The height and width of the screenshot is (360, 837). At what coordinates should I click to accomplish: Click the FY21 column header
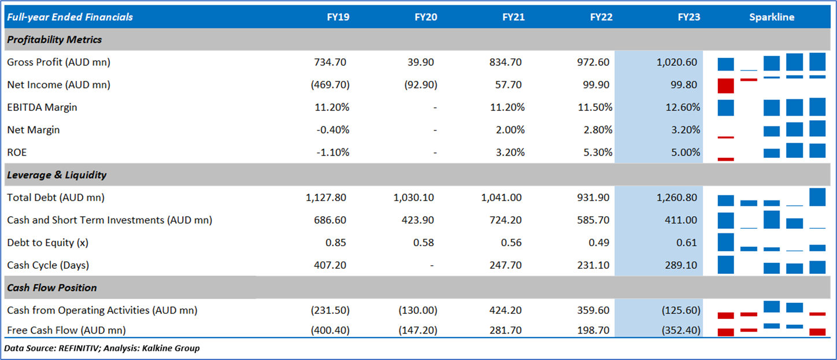(513, 17)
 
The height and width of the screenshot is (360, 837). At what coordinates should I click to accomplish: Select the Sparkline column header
(772, 17)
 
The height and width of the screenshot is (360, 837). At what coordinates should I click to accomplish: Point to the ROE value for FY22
(597, 153)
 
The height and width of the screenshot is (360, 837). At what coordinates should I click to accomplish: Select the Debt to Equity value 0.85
(336, 243)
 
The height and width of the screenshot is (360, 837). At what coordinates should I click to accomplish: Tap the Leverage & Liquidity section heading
(57, 175)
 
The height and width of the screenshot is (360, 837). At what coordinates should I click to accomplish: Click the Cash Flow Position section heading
(52, 288)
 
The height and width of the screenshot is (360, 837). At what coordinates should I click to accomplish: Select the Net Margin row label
(34, 130)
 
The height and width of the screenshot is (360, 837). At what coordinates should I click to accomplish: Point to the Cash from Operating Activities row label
(102, 310)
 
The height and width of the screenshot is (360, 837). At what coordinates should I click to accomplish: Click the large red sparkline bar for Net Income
(725, 86)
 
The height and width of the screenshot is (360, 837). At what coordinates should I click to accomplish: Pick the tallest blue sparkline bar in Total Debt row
(817, 197)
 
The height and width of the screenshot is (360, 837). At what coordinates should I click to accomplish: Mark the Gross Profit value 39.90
(420, 62)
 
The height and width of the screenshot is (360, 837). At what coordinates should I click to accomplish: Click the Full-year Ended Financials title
(70, 17)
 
